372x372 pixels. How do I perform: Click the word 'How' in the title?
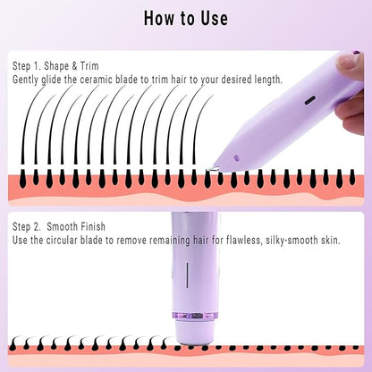160,18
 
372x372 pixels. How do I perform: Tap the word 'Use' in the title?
214,18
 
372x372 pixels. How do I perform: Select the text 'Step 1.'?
26,66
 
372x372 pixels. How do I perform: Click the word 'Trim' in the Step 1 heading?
89,66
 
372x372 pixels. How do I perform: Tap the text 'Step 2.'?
26,226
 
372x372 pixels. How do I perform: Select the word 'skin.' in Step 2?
331,241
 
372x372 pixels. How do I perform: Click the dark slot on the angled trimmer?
310,100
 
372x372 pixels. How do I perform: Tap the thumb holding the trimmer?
350,66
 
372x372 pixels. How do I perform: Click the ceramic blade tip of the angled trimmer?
212,169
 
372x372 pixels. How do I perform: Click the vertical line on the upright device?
187,275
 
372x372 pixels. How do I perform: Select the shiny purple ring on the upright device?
195,316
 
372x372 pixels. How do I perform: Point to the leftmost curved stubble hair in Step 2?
15,343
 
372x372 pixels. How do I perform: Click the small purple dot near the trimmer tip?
236,157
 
